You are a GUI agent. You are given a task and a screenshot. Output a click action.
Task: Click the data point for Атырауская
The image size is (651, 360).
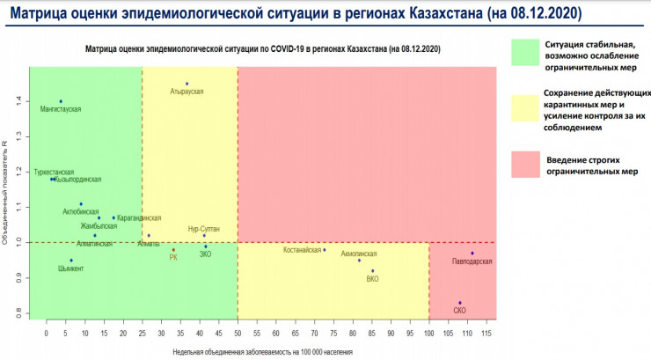coord(187,84)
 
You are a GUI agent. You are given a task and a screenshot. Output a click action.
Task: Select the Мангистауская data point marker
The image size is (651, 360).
coord(61,101)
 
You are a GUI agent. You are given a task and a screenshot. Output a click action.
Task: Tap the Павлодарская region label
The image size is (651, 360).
coord(472,261)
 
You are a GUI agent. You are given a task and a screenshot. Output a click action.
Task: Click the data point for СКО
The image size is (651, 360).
coord(460,303)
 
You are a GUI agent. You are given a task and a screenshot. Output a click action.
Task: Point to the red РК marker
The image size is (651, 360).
coord(173,250)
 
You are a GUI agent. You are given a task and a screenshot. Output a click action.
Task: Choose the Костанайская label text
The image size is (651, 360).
coord(302,250)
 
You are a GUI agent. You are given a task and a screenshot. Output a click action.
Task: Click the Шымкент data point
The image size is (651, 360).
coord(71,260)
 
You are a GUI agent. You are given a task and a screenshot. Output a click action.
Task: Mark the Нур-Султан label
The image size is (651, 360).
coord(203,229)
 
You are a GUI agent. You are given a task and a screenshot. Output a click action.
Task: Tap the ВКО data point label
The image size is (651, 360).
coord(372,279)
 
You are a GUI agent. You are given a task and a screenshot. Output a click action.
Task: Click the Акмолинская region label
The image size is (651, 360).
coord(358,253)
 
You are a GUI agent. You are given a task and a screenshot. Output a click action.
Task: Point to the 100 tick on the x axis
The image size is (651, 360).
coord(429,334)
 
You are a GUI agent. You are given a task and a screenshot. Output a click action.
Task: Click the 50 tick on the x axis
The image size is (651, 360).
coord(238,334)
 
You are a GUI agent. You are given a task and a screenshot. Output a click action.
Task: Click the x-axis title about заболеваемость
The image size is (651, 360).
coord(263,351)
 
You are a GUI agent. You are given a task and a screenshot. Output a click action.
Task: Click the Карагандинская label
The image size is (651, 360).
coord(138,217)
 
